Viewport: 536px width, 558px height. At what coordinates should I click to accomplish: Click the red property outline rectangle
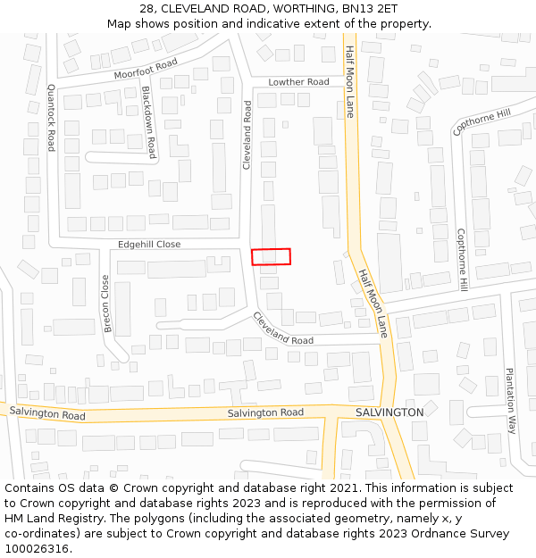pyautogui.click(x=271, y=256)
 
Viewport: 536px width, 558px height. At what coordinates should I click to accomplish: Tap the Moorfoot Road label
pyautogui.click(x=146, y=69)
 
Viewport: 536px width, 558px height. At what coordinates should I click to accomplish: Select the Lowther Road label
pyautogui.click(x=298, y=82)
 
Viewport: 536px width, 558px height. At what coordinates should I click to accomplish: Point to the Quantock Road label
pyautogui.click(x=51, y=118)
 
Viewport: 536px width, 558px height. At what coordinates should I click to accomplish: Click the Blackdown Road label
pyautogui.click(x=149, y=122)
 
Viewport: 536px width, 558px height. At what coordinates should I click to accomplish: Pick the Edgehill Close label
pyautogui.click(x=149, y=245)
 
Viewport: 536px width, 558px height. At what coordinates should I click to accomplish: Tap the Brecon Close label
pyautogui.click(x=106, y=304)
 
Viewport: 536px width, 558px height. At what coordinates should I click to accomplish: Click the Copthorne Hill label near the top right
pyautogui.click(x=482, y=122)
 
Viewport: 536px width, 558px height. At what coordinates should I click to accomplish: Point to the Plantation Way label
pyautogui.click(x=511, y=400)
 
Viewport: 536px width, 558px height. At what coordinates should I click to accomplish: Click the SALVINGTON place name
pyautogui.click(x=389, y=412)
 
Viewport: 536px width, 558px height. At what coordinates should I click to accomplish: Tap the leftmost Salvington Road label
pyautogui.click(x=47, y=415)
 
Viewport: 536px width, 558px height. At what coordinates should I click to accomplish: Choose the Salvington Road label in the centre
pyautogui.click(x=265, y=412)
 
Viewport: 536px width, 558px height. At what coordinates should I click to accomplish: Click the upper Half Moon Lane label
pyautogui.click(x=350, y=82)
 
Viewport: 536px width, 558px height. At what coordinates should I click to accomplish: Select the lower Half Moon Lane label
pyautogui.click(x=373, y=303)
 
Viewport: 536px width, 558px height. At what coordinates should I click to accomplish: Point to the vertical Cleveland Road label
pyautogui.click(x=247, y=135)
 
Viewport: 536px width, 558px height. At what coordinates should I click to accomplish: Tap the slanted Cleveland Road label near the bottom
pyautogui.click(x=282, y=329)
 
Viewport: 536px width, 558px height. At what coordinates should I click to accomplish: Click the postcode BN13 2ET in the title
pyautogui.click(x=370, y=8)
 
